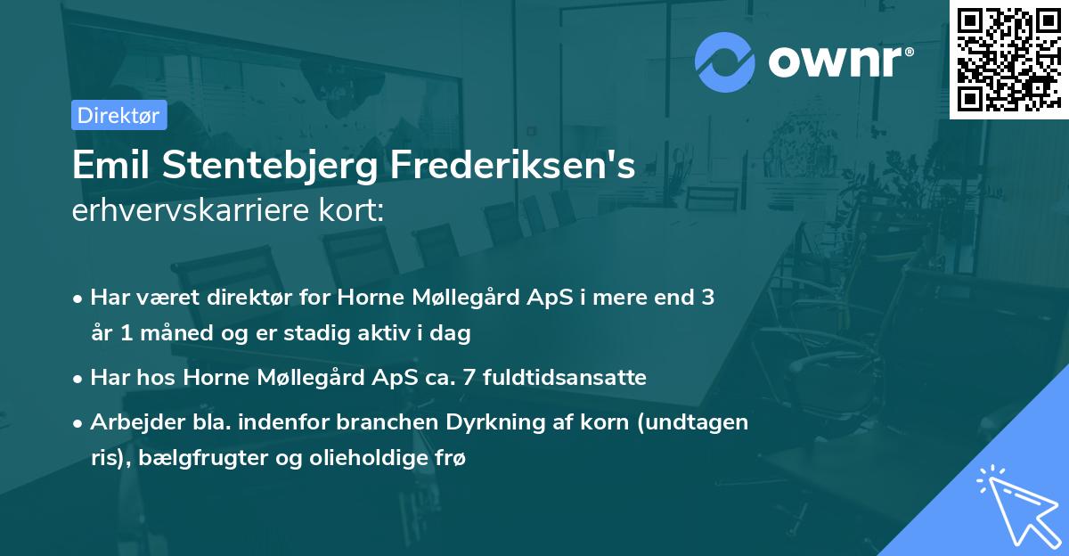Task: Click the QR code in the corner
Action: click(1008, 59)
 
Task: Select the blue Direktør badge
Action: click(118, 115)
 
